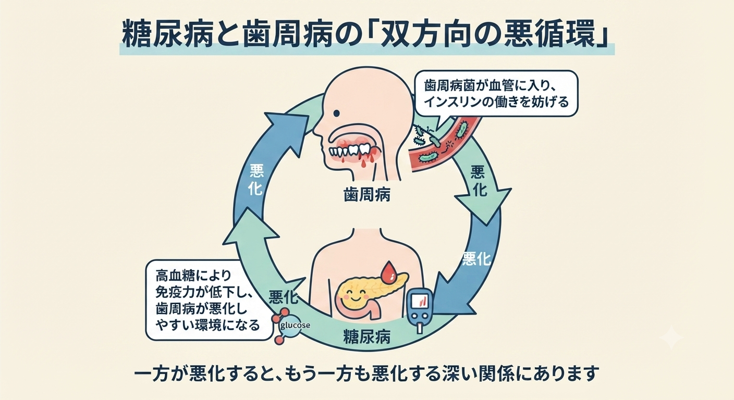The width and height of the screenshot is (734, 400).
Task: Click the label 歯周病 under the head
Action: point(367,195)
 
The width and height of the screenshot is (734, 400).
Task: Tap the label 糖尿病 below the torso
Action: point(366,336)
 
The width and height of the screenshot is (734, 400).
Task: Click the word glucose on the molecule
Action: point(295,326)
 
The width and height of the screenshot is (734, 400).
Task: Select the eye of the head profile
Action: point(337,114)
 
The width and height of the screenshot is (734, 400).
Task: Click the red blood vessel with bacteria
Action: point(446,141)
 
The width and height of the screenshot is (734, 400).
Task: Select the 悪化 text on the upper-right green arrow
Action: point(479,181)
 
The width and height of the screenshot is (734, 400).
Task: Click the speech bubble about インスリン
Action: point(496,94)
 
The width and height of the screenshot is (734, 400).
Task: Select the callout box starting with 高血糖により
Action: point(210,300)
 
